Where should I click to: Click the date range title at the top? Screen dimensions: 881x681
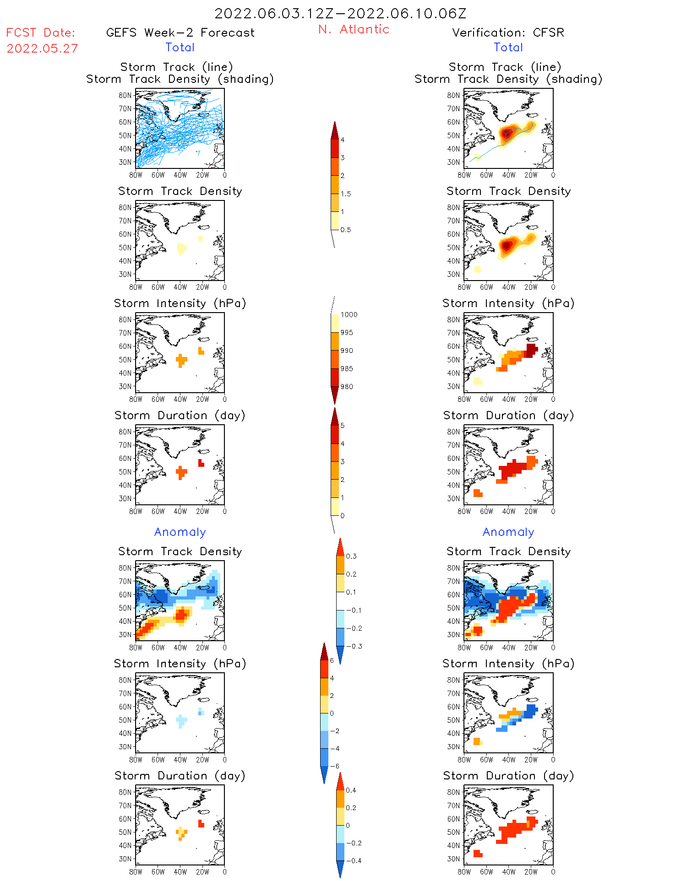340,13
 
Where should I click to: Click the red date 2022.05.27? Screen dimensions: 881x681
42,49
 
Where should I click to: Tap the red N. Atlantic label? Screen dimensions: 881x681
354,29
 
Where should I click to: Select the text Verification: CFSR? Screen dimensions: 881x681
508,32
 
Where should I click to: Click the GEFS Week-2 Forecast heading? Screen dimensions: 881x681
180,32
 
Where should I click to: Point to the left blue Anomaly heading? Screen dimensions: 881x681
180,532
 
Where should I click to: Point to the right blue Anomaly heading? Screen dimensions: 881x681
508,532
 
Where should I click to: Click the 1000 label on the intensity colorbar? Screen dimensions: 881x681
349,314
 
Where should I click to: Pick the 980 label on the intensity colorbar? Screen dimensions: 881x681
347,387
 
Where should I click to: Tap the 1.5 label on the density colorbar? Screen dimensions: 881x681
346,194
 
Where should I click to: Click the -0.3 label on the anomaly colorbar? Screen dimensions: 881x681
354,646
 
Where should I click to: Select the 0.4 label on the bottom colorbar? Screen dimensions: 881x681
351,790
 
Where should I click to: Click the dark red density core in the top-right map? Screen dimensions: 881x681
506,133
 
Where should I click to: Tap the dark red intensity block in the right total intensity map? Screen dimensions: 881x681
531,350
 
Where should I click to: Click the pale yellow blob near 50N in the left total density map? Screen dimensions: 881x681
181,249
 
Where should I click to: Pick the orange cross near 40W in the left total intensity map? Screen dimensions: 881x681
181,360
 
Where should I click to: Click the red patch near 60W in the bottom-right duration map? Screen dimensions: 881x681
478,854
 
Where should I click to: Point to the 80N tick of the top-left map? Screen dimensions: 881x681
125,95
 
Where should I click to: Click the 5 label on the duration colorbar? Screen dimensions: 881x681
342,425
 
